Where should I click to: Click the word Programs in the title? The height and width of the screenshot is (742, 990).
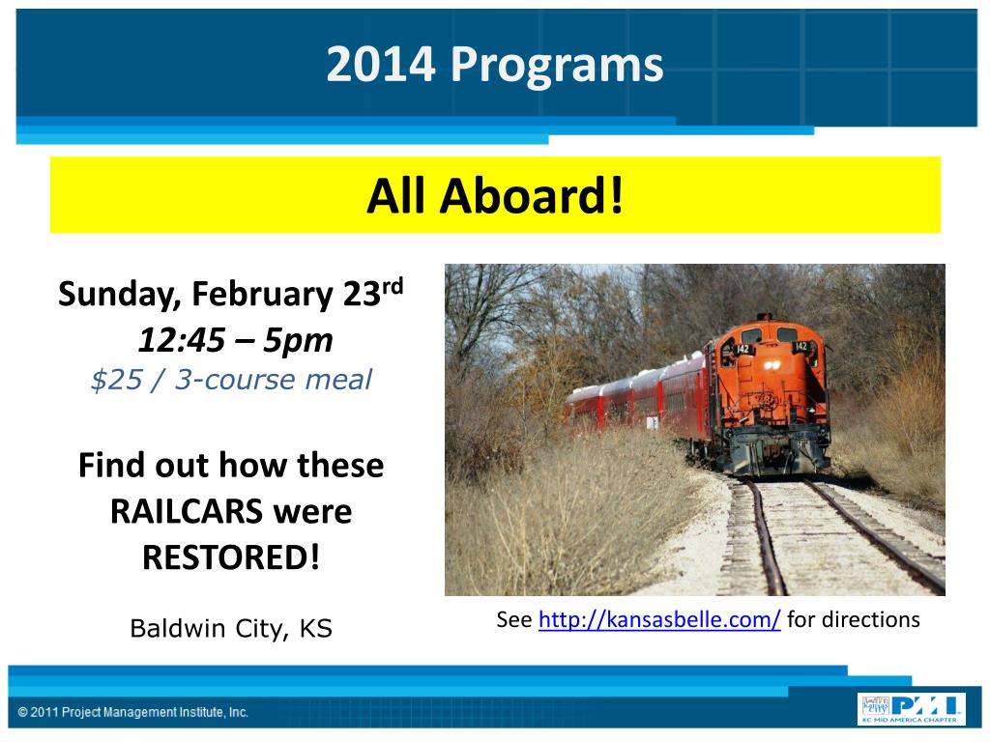click(556, 66)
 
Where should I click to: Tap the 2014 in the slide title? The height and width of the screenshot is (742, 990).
click(381, 64)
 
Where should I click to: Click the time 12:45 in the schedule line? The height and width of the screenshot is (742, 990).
click(182, 340)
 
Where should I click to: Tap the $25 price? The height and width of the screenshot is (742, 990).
click(117, 380)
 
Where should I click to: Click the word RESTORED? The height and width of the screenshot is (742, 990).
click(231, 557)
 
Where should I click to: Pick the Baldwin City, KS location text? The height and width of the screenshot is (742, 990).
click(231, 629)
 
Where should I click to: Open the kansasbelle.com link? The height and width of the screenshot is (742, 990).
click(659, 619)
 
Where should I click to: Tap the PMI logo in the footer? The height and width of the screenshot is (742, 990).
click(910, 709)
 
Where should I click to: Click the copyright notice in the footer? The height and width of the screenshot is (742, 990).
click(133, 712)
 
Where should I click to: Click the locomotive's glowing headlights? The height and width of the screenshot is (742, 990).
click(772, 365)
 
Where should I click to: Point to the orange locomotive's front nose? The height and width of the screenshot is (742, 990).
click(771, 397)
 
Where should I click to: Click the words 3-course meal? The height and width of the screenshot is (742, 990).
click(274, 380)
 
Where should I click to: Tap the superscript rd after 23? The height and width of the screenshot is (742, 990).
click(393, 286)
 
